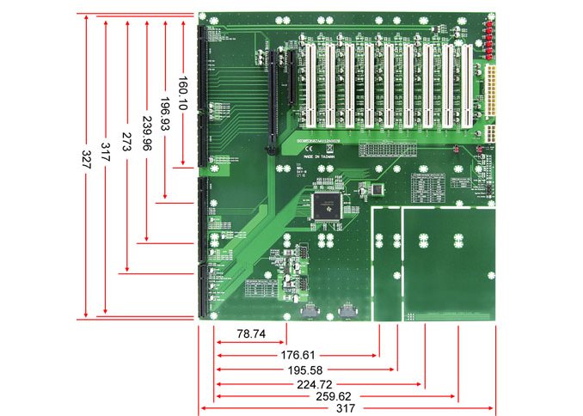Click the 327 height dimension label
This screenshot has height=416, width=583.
86,164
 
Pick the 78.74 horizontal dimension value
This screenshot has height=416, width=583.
250,332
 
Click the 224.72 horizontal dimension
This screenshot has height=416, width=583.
320,383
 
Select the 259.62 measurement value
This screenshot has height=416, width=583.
336,397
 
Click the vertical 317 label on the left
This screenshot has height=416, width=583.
106,153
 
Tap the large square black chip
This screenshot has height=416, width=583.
328,205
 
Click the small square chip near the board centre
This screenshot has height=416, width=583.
372,188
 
